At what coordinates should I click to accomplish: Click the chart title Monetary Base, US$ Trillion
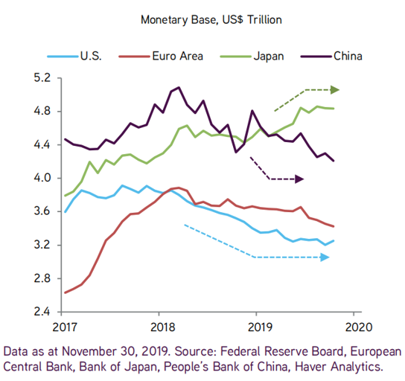point(211,20)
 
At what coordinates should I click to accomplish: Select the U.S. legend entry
point(74,56)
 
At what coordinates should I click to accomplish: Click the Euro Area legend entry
point(161,56)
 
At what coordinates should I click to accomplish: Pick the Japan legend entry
point(252,57)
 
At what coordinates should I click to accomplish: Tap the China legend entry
point(331,56)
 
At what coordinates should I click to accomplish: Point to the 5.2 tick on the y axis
point(42,77)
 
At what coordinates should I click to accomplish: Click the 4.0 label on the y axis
point(42,178)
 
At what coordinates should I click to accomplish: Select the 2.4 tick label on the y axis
point(42,312)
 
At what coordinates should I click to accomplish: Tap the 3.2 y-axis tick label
point(42,245)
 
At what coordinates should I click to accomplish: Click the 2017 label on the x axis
point(65,327)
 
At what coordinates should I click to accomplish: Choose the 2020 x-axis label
point(359,327)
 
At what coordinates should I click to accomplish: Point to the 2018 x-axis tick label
point(163,327)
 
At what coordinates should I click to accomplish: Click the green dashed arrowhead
point(335,90)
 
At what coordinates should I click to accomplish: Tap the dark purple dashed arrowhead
point(299,179)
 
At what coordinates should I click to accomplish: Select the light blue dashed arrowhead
point(325,257)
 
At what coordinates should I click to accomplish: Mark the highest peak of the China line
point(179,87)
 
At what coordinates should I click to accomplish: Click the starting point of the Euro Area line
point(65,292)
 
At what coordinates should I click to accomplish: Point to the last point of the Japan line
point(334,109)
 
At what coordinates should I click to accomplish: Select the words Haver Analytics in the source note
point(338,367)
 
